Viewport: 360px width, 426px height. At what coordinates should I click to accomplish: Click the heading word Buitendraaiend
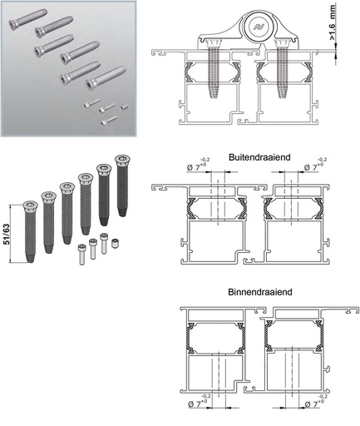(x=259, y=157)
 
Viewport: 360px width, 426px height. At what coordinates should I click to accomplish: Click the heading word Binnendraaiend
(x=260, y=292)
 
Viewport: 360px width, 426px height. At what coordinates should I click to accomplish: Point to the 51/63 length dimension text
(x=7, y=234)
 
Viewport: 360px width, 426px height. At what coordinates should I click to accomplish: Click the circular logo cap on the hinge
(x=258, y=27)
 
